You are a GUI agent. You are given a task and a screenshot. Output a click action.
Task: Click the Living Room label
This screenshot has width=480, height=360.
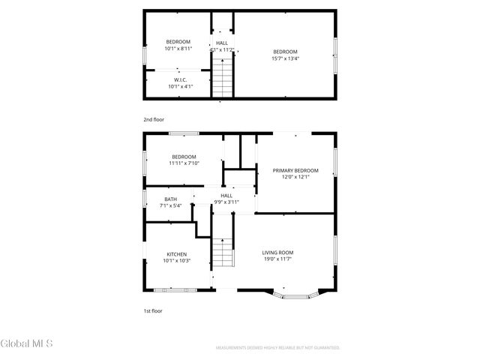coord(277,253)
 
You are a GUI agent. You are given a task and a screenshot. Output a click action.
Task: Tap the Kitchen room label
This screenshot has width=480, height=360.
coord(177,254)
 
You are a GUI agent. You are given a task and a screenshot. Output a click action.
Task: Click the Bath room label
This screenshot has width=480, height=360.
coord(171,199)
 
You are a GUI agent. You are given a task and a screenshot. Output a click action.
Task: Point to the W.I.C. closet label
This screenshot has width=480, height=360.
coord(180,79)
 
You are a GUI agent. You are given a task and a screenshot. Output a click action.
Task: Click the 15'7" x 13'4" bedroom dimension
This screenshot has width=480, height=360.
coord(285,58)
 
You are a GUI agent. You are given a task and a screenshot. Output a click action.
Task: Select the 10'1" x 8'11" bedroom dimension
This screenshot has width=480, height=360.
coord(178,48)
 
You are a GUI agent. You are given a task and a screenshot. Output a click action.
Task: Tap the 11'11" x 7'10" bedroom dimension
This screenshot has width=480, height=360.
coord(184,163)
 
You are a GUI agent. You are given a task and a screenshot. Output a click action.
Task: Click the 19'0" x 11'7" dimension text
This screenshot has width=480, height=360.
coord(277,259)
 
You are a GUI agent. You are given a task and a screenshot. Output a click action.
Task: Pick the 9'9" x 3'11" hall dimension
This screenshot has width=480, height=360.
coord(226,202)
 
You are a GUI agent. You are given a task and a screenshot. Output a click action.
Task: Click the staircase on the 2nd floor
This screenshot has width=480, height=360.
coord(223,76)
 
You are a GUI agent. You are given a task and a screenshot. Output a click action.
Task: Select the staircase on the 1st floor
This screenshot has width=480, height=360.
coord(223,253)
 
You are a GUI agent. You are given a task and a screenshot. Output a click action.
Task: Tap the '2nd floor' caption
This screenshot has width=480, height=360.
coord(154,119)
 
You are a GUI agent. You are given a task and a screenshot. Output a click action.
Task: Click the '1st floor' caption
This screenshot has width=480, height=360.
coord(153,310)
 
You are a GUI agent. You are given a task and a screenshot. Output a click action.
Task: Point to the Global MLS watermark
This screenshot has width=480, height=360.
coord(27,344)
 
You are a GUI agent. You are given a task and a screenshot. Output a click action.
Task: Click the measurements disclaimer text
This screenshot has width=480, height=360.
coord(277,348)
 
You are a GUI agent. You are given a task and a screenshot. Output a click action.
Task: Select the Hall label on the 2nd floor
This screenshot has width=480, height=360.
coord(222,43)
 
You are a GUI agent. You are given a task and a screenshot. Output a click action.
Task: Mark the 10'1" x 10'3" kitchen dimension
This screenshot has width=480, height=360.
coord(177,261)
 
